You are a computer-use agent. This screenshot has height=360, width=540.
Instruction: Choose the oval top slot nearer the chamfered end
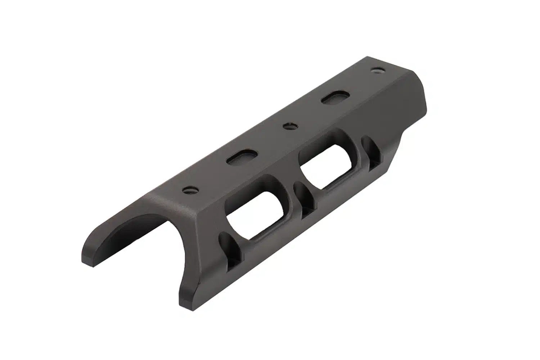coord(333,98)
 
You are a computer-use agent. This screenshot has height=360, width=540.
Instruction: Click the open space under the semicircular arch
coord(144,252)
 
